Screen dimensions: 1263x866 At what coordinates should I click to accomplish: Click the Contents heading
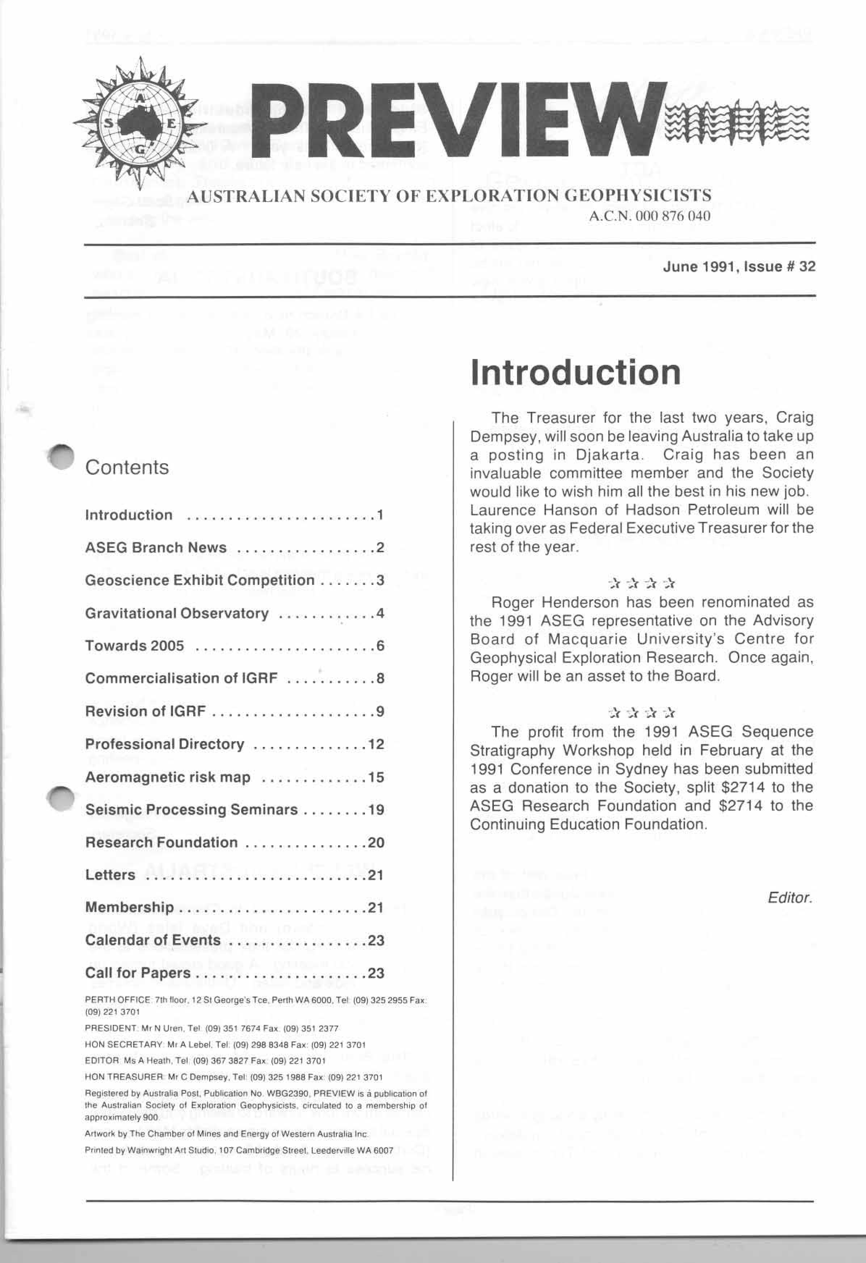127,467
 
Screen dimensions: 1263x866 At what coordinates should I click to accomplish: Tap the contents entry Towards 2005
134,646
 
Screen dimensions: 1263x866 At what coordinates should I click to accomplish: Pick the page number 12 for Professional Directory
376,744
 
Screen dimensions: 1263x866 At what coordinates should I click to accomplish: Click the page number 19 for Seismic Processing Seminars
376,810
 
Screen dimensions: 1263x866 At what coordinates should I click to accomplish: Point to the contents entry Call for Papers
138,973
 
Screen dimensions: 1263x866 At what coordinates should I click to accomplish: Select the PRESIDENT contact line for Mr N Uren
212,1029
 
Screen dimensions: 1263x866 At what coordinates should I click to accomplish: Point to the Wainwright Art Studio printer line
239,1150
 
